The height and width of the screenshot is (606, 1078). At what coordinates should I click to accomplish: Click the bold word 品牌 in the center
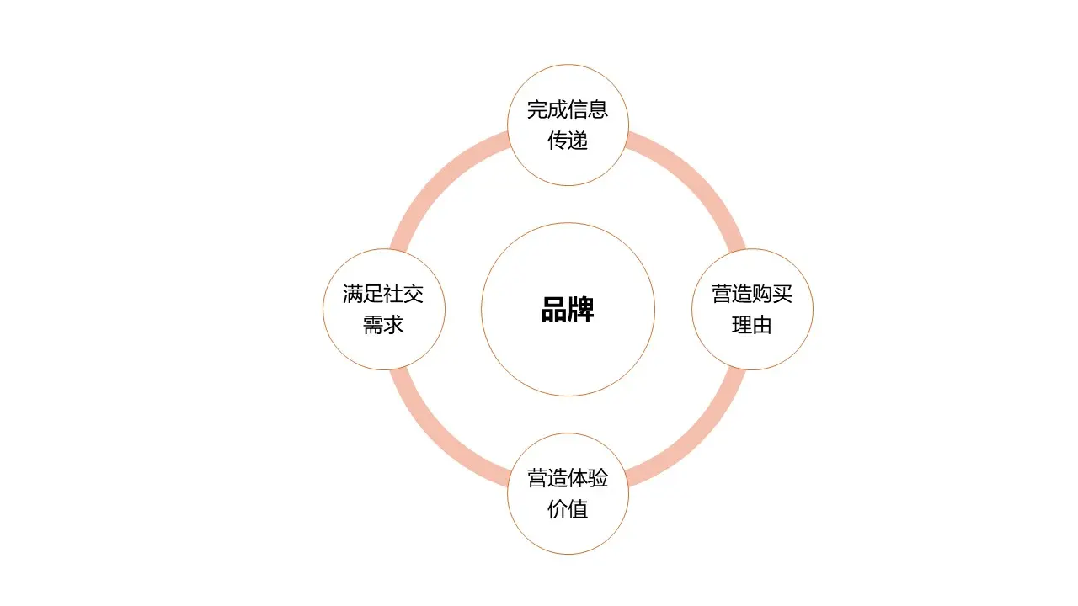point(568,310)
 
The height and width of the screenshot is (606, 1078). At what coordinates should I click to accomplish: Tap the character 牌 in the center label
point(581,310)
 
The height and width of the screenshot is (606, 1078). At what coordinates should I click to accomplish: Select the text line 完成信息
point(568,110)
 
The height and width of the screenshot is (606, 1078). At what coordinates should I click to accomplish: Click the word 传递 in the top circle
point(568,141)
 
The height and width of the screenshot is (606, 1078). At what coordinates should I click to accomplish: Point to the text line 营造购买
point(752,294)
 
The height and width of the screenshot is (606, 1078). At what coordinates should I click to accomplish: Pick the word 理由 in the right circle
point(752,325)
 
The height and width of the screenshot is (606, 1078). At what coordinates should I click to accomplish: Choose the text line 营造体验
point(568,478)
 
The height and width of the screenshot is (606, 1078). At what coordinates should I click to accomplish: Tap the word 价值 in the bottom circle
point(568,509)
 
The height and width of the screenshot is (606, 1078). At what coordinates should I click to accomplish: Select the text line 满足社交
point(383,294)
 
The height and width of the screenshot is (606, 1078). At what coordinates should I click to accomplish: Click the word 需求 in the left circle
point(383,325)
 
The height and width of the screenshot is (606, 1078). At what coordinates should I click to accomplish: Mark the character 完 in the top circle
point(537,110)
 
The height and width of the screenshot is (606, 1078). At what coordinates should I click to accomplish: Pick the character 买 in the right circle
point(782,294)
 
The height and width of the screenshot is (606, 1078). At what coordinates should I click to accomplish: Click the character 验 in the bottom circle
point(598,478)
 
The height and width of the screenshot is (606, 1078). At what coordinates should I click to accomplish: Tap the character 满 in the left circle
point(353,294)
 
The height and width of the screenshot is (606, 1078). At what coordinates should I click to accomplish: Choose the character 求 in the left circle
point(393,325)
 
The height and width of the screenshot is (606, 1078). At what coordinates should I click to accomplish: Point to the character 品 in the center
point(553,310)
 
